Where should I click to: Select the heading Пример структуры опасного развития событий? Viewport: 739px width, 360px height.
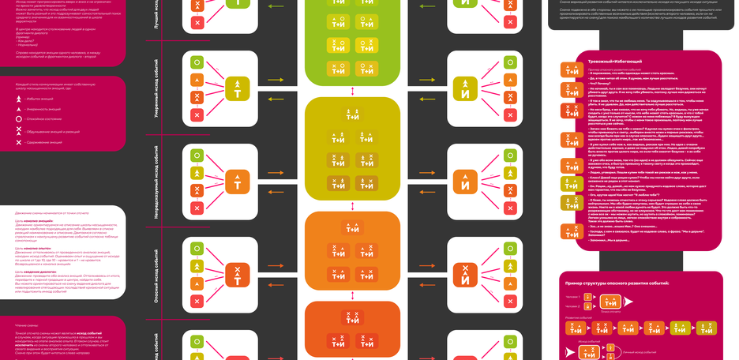[x=617, y=282]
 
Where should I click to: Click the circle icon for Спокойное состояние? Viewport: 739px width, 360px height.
[x=18, y=118]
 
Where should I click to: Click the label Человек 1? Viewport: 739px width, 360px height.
[x=574, y=297]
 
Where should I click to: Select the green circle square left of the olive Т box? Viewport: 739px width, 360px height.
[x=197, y=62]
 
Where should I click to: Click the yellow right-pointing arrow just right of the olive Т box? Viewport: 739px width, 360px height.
[x=273, y=81]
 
